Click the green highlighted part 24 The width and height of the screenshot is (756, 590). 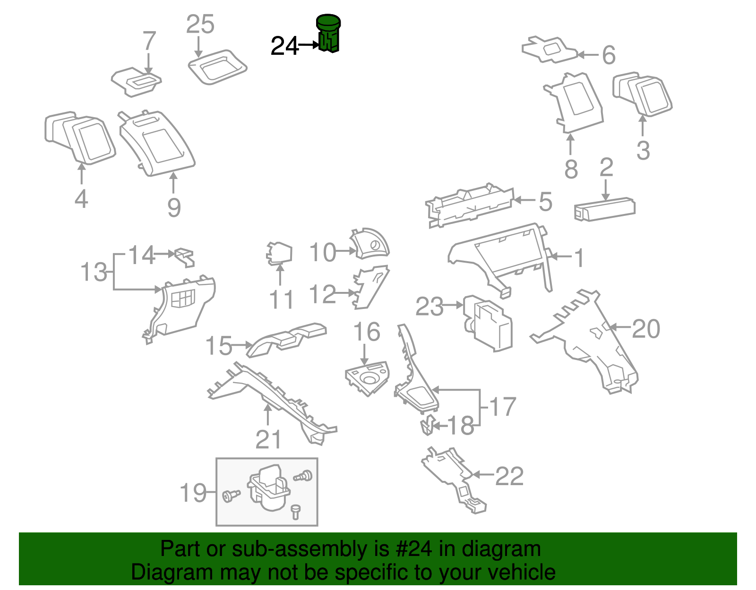(328, 34)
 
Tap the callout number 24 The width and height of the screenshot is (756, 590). (284, 46)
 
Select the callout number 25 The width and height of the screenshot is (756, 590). (200, 25)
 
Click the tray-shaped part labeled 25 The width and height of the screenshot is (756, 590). (217, 67)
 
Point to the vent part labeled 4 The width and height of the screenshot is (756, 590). (80, 137)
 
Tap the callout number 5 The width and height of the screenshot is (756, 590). (545, 202)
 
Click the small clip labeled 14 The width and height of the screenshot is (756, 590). (185, 257)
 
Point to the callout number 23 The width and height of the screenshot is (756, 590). (429, 307)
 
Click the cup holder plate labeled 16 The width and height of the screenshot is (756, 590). (367, 379)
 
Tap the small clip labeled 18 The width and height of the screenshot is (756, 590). (427, 425)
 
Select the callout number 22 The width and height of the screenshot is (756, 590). (509, 476)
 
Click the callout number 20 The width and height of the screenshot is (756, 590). (645, 329)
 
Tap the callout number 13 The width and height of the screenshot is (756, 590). (94, 273)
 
